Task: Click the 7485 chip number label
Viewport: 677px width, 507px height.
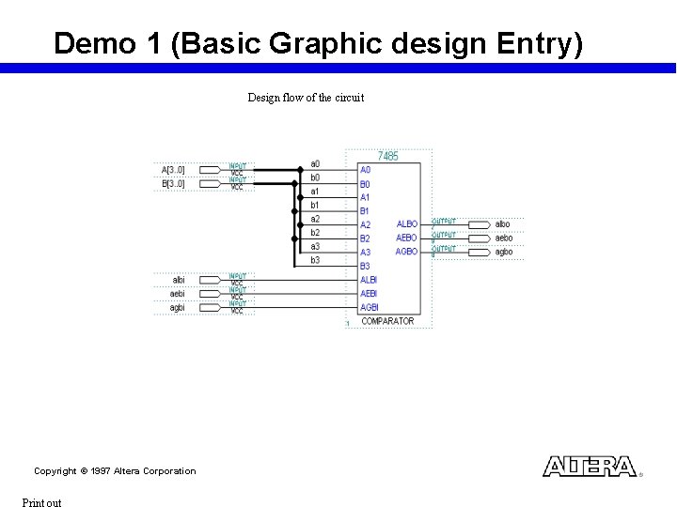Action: tap(387, 156)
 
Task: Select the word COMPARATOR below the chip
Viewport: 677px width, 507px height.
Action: tap(387, 321)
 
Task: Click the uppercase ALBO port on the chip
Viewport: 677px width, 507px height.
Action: tap(407, 224)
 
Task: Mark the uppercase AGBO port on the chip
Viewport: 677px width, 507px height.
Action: tap(406, 252)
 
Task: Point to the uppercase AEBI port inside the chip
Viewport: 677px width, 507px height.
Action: tap(369, 294)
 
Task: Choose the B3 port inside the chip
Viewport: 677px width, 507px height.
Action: tap(365, 266)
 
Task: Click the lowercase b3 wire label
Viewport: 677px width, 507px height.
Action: tap(315, 260)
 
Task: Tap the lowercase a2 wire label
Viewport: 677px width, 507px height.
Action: tap(315, 219)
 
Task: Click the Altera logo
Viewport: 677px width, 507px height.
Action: tap(590, 467)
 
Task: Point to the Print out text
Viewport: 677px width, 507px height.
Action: tap(41, 502)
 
